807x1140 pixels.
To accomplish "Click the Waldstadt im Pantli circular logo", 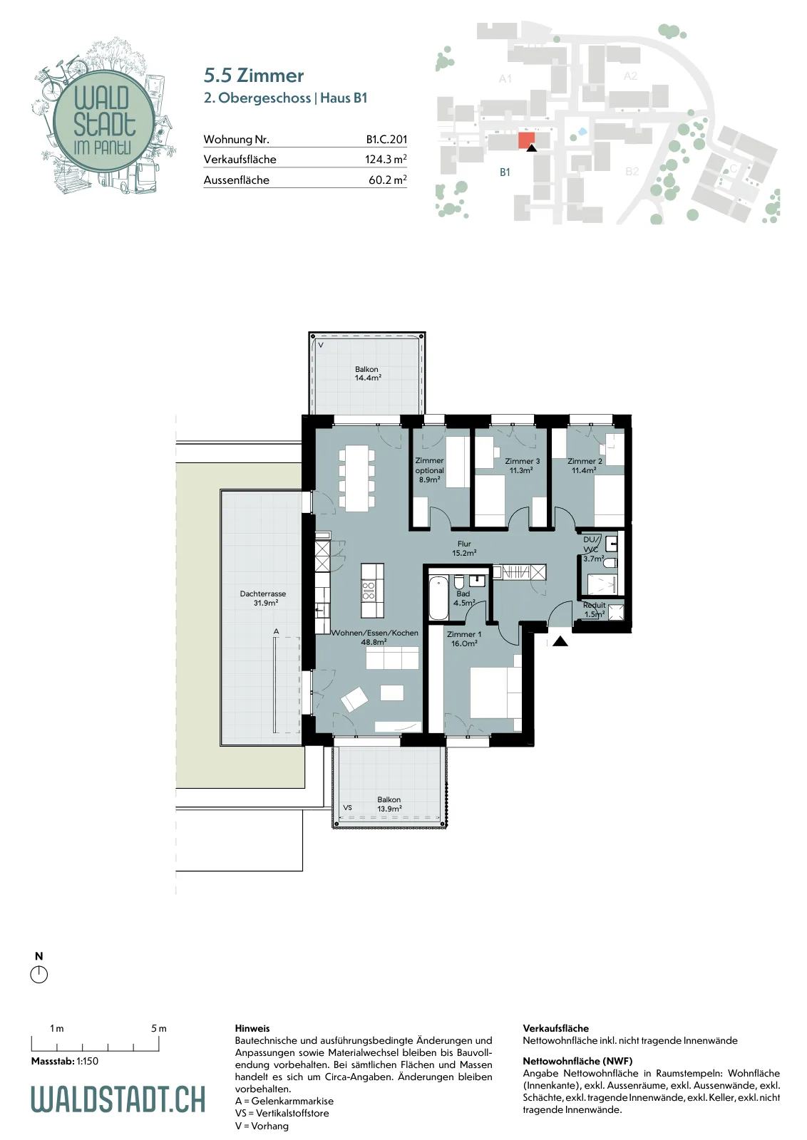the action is pos(104,120).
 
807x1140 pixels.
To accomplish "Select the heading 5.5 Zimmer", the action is pos(254,76).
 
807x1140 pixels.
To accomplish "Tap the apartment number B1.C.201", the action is pos(386,139).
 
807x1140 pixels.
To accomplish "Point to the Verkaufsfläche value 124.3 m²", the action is pos(386,160).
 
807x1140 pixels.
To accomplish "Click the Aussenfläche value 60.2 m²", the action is pos(388,180).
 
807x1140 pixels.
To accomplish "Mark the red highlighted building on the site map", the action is pos(526,140).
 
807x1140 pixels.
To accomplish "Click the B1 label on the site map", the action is pos(505,172).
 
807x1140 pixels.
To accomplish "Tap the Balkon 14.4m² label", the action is pos(367,373).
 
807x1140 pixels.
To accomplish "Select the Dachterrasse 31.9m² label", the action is pos(263,598).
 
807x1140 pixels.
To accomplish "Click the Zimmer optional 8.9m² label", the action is pos(429,470).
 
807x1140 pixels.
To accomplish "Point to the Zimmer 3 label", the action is pos(523,461).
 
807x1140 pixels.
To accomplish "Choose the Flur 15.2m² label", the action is pos(464,548).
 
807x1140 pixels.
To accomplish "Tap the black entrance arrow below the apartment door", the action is pos(560,641).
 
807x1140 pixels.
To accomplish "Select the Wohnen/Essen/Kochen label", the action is pos(375,633).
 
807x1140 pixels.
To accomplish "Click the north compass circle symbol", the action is pos(38,974).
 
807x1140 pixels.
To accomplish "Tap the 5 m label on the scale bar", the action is pos(159,1028).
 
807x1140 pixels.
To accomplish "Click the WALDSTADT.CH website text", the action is pos(118,1099).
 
